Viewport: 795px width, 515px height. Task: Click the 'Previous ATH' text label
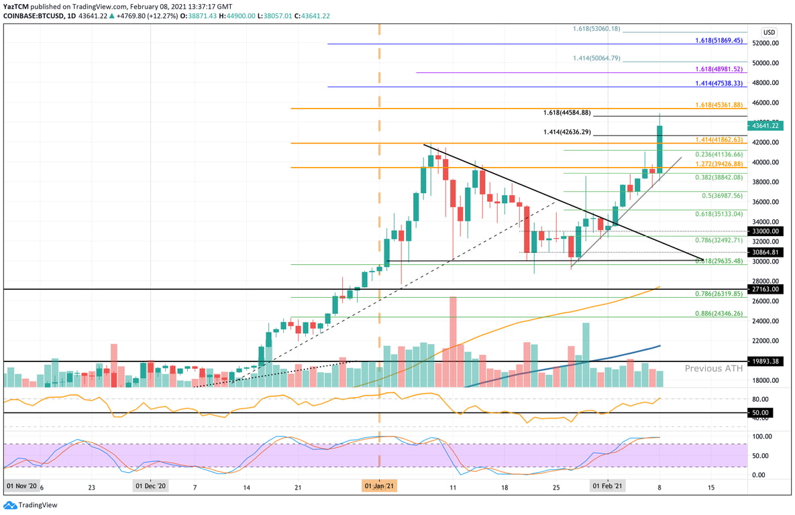[713, 369]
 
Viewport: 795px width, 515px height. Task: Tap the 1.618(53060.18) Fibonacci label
[596, 29]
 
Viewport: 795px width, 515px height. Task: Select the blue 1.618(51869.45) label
[719, 40]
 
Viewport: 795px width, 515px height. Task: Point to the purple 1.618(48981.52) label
[719, 69]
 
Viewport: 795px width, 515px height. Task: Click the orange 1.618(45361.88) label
[719, 105]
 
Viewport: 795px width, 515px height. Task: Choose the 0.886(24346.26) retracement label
[719, 313]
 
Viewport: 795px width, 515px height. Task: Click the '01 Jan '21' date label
[380, 485]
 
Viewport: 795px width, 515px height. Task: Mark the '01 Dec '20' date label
[151, 485]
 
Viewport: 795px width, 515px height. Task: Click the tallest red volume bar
[453, 342]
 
